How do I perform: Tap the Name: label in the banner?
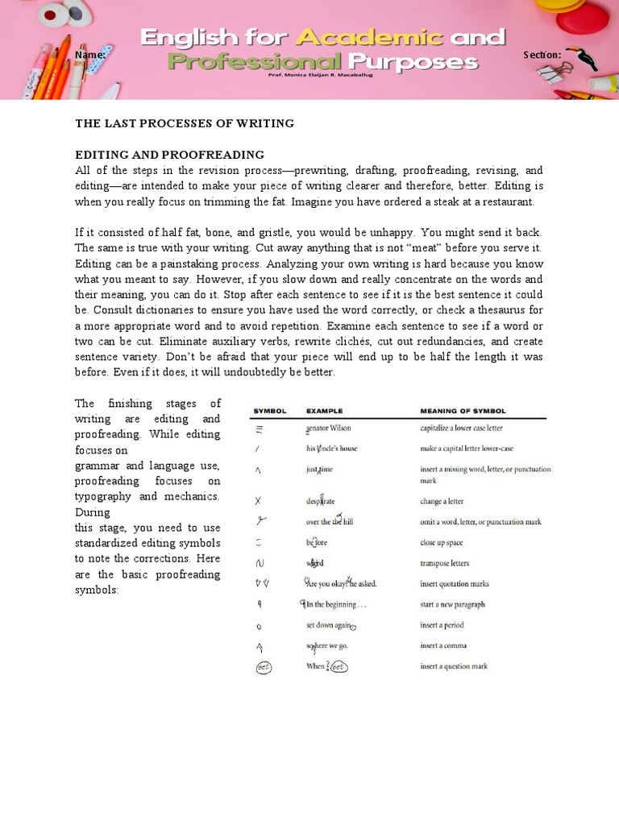(90, 55)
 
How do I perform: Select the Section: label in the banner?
(542, 55)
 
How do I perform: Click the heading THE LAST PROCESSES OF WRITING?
(185, 123)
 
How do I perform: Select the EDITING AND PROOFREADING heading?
(169, 154)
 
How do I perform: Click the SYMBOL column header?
(270, 411)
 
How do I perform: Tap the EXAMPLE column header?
(324, 411)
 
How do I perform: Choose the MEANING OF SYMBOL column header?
(463, 411)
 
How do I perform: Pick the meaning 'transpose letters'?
(444, 563)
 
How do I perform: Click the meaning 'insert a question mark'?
(454, 666)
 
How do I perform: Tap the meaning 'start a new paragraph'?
(452, 604)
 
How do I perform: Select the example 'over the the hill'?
(330, 521)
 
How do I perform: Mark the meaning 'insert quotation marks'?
(454, 583)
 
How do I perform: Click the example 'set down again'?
(329, 625)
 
